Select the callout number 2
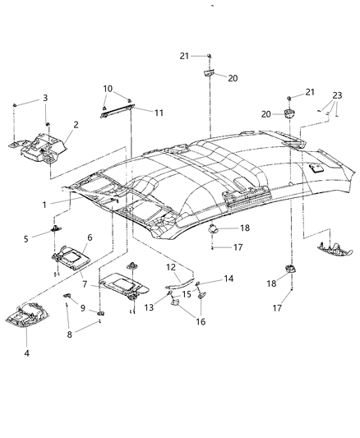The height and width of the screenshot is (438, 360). click(x=76, y=126)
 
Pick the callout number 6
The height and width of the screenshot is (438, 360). click(x=90, y=237)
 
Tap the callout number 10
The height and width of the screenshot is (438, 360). click(x=108, y=88)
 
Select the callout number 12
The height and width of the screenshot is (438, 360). click(x=171, y=267)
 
